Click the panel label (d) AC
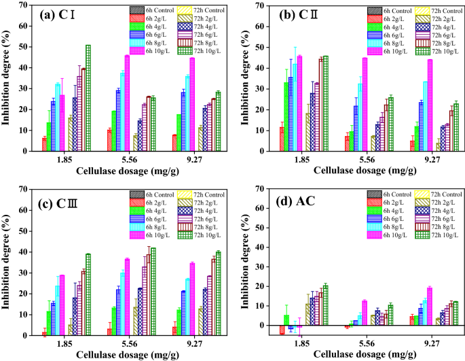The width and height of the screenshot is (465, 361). pyautogui.click(x=294, y=198)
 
